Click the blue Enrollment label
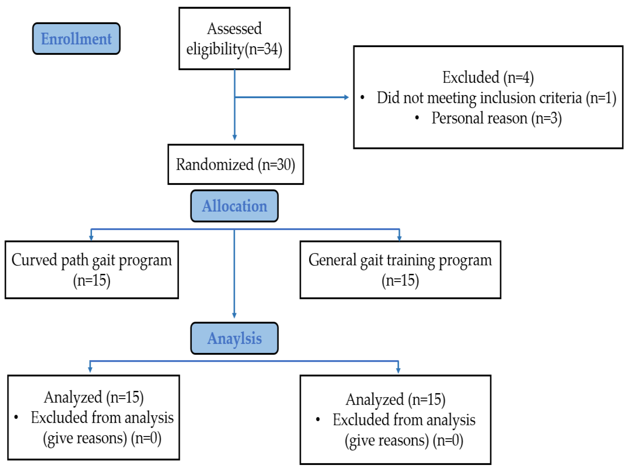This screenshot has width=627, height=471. (x=76, y=39)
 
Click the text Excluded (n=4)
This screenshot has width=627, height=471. (x=488, y=77)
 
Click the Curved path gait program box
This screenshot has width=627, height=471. (x=92, y=270)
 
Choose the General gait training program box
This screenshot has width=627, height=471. (x=400, y=270)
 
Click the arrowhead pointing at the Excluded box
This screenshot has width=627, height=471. (x=346, y=97)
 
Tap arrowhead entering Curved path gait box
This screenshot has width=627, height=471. (x=91, y=238)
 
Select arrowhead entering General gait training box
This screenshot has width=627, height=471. (x=399, y=238)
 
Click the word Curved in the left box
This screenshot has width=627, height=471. (x=34, y=260)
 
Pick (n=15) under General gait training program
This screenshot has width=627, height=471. (x=400, y=280)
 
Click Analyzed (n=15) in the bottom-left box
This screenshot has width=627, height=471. (x=94, y=397)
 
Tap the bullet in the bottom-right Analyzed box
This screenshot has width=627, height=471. (x=318, y=419)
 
